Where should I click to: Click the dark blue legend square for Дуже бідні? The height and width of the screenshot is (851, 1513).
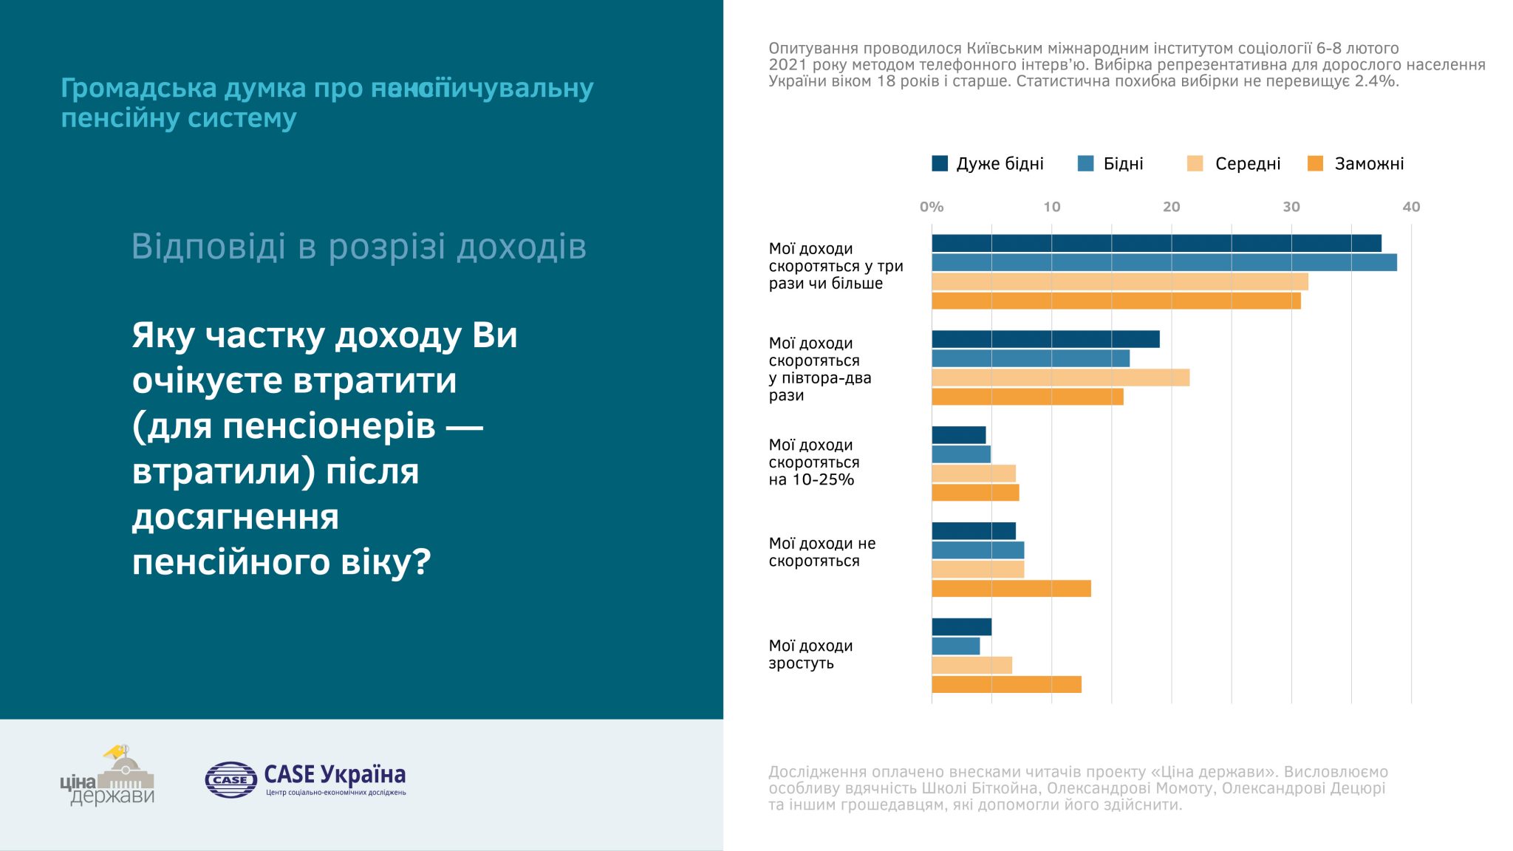point(939,163)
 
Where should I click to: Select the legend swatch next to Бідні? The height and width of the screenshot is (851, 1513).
point(1085,163)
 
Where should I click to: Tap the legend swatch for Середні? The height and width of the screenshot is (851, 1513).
point(1195,163)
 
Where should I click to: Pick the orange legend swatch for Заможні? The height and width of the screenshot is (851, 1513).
point(1315,163)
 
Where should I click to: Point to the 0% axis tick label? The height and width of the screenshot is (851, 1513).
point(932,207)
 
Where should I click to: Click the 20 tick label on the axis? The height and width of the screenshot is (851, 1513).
point(1171,207)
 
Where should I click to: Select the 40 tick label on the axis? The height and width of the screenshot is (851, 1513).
point(1410,207)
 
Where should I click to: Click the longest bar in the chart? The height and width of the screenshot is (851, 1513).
point(1164,262)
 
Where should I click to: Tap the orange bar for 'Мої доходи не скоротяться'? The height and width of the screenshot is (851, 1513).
point(1011,589)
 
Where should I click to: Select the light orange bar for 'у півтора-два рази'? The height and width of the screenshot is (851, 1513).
point(1060,377)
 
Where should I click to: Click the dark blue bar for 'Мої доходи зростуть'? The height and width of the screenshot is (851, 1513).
point(961,627)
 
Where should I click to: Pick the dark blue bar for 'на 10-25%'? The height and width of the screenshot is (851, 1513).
point(958,435)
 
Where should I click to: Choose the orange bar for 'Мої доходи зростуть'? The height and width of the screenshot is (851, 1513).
point(1006,685)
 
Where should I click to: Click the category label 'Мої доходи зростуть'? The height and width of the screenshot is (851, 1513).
point(810,655)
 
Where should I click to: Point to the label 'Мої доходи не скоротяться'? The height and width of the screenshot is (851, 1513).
point(822,552)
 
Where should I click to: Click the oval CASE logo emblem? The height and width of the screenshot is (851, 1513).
point(230,779)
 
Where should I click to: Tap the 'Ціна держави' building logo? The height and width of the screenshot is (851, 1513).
point(118,777)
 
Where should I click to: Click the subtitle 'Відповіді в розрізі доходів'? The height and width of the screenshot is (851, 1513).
point(358,247)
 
